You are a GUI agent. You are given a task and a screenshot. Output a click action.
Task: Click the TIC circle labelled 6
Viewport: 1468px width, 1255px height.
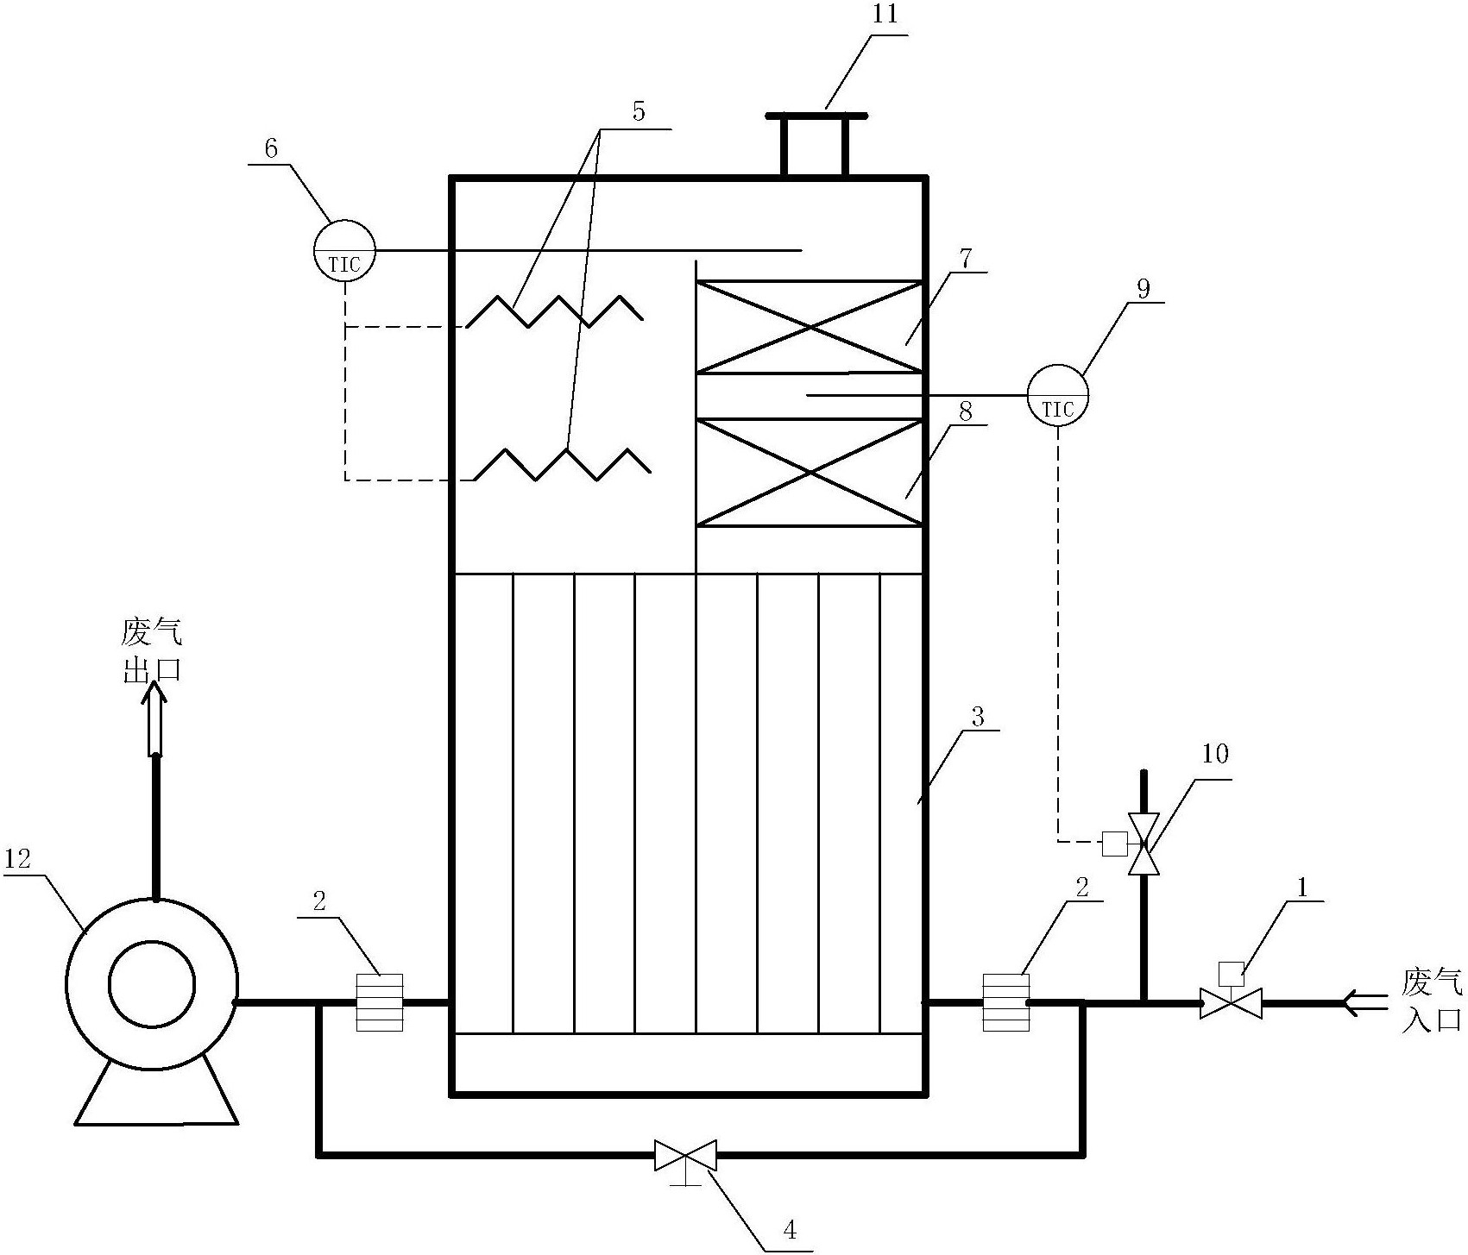click(344, 250)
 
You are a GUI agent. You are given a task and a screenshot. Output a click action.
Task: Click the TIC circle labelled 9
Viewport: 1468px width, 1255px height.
click(1057, 395)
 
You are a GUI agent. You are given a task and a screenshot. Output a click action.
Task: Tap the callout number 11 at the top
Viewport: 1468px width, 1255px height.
click(885, 15)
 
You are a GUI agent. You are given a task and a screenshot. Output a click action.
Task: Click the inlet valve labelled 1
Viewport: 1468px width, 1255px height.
click(1231, 1002)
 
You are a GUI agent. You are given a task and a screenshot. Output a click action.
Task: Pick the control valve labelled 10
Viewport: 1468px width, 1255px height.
click(1144, 844)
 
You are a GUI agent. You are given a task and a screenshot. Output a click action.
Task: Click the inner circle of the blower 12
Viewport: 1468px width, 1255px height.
click(152, 984)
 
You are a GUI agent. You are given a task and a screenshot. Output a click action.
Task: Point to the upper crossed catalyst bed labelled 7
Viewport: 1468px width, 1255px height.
click(809, 327)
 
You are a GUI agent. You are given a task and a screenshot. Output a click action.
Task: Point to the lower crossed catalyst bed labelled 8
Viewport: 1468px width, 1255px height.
click(809, 473)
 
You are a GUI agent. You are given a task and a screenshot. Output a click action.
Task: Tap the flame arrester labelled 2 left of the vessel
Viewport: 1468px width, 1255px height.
click(380, 1001)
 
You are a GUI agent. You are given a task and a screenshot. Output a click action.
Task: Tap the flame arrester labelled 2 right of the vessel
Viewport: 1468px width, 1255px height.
click(1005, 1001)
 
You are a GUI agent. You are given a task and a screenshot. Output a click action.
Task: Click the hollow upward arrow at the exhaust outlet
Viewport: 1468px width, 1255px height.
click(155, 716)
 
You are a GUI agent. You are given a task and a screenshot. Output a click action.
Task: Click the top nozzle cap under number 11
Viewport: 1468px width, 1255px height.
click(816, 116)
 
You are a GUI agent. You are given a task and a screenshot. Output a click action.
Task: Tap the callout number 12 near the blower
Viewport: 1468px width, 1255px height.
click(17, 858)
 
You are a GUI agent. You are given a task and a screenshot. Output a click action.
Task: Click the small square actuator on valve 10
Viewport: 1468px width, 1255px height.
click(1114, 844)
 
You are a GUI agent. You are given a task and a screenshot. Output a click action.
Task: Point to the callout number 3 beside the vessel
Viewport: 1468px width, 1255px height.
click(978, 716)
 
